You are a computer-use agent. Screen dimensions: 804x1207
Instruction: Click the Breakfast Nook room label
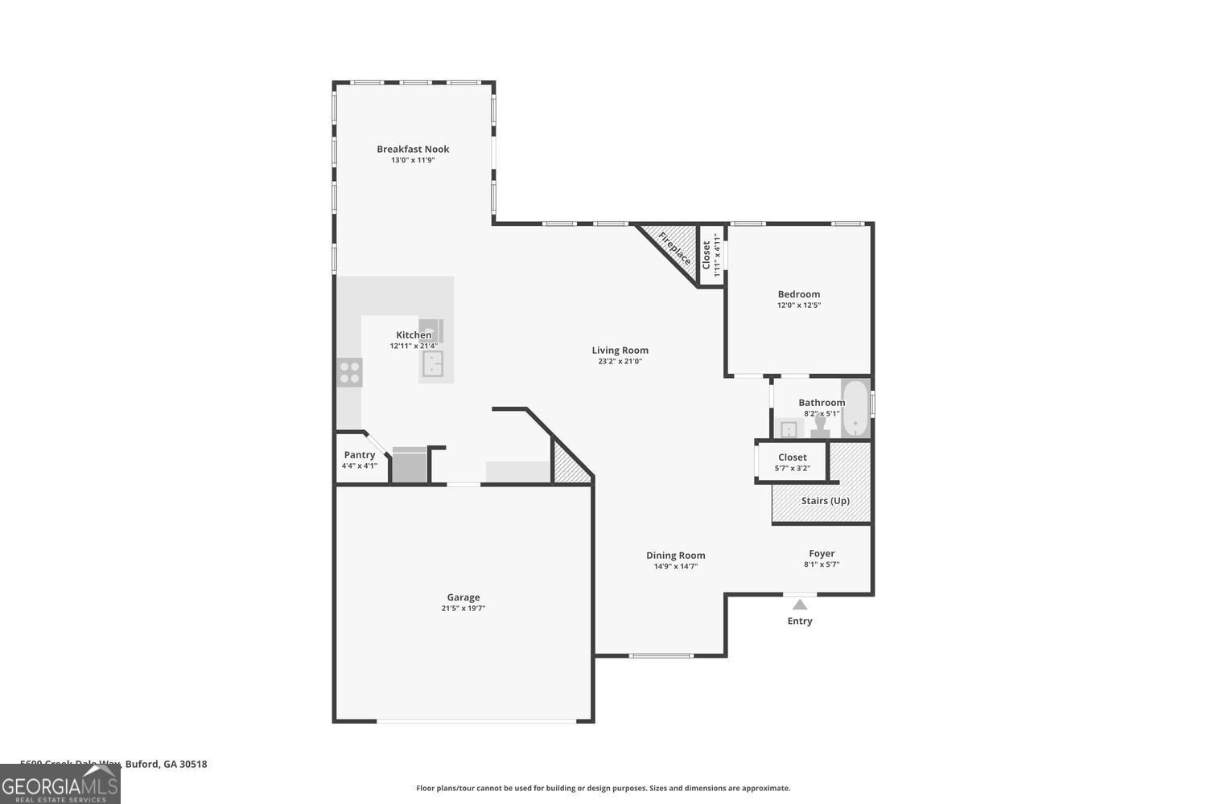(x=413, y=149)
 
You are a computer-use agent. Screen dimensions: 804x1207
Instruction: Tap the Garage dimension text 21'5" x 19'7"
(x=463, y=609)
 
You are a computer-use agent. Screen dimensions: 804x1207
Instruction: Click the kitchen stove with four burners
(x=349, y=372)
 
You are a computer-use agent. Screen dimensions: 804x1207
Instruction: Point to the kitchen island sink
(x=433, y=363)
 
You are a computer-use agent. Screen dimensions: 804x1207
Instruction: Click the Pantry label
(x=359, y=455)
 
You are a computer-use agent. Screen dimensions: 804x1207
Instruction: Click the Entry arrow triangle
(x=799, y=605)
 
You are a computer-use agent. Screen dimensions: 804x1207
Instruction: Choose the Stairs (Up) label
(x=825, y=501)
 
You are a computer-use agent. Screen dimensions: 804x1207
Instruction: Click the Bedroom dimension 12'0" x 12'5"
(x=798, y=306)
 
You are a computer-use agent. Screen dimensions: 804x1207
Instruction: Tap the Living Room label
(x=620, y=350)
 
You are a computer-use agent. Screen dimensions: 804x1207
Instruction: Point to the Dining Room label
(x=675, y=556)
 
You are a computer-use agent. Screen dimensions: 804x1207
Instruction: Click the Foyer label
(x=822, y=553)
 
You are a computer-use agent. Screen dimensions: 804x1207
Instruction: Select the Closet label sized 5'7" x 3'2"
(x=792, y=457)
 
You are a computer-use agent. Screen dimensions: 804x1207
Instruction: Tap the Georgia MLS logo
(x=60, y=785)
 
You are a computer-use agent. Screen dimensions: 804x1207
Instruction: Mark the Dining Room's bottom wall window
(x=661, y=656)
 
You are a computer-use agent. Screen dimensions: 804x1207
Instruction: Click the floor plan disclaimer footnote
(x=603, y=789)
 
